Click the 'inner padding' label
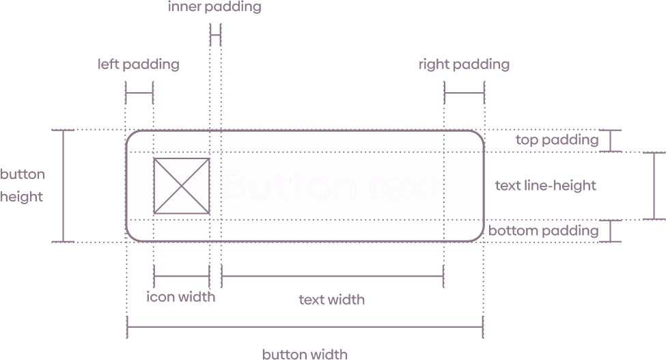[214, 8]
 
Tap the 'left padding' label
[138, 65]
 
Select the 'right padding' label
[464, 65]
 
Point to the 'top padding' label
[557, 141]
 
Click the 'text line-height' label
[545, 185]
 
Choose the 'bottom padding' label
[543, 230]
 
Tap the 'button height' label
[22, 185]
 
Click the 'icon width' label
[181, 296]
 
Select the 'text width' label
[332, 299]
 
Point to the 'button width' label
[305, 354]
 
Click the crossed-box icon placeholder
[181, 186]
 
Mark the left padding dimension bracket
[139, 92]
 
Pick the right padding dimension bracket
[464, 92]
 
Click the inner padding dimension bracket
[215, 33]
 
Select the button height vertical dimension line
[64, 185]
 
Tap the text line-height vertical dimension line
[654, 185]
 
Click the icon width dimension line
[181, 276]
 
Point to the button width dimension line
[305, 327]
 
